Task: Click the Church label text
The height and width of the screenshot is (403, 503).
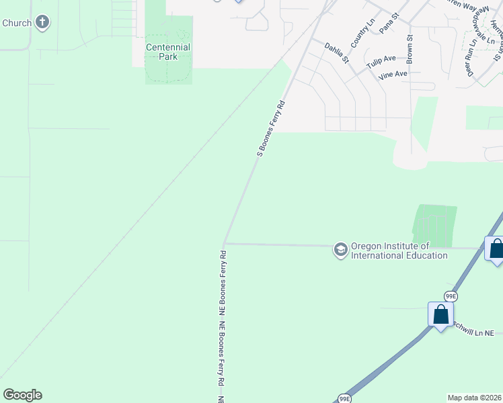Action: [16, 23]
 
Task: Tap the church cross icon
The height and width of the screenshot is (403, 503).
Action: [43, 23]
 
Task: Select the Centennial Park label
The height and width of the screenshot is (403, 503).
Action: [168, 52]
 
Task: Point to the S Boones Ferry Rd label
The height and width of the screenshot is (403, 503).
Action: [272, 128]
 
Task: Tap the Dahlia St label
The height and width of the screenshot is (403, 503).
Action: [337, 53]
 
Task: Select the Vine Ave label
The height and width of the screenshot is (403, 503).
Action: [393, 75]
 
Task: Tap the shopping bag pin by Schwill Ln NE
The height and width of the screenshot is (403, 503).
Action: [440, 314]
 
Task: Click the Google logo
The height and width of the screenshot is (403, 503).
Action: [22, 395]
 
